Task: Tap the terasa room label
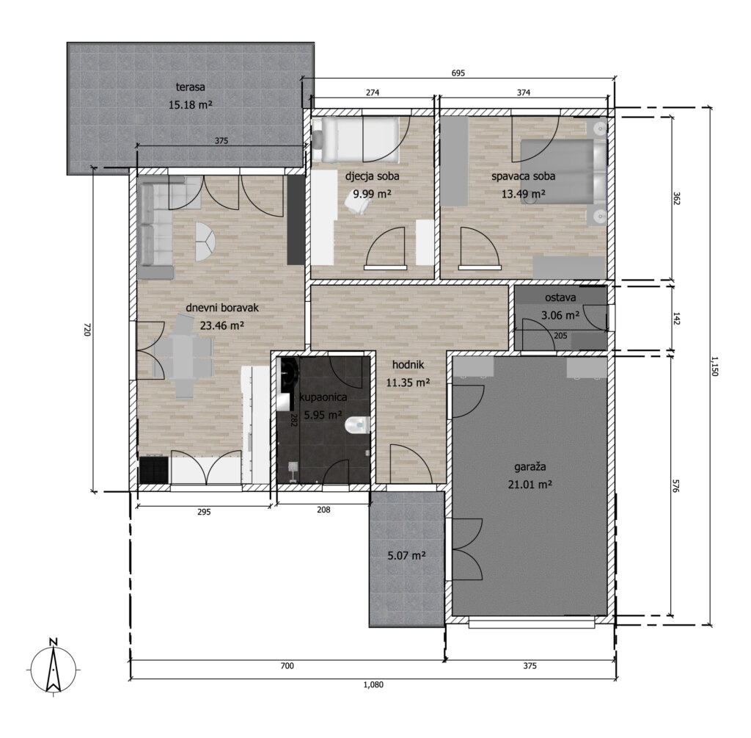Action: [x=190, y=87]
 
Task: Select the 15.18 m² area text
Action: [x=190, y=104]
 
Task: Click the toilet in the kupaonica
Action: [x=357, y=424]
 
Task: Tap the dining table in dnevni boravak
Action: [x=183, y=356]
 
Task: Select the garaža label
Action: [x=530, y=466]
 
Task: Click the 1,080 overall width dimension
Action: [x=373, y=685]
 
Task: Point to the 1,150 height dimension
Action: [x=714, y=366]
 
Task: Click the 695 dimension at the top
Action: [x=458, y=73]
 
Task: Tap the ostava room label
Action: [x=560, y=297]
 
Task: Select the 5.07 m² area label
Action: [x=406, y=556]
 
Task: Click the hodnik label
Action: [x=408, y=365]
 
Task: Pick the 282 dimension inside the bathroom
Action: [x=294, y=420]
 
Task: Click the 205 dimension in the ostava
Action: [x=560, y=336]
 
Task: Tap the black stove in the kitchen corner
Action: [x=154, y=469]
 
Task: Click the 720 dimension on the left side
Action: [x=87, y=330]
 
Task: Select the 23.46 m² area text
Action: [x=222, y=325]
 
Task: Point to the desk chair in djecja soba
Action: [x=356, y=205]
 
